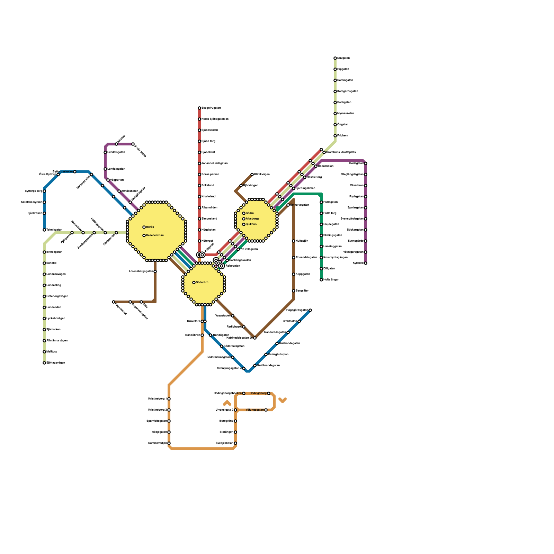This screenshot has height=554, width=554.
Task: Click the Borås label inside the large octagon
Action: click(x=150, y=227)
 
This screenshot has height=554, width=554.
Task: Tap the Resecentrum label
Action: click(x=155, y=235)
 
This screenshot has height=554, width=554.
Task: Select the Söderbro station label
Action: click(x=202, y=283)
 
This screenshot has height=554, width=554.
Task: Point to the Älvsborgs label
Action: click(x=252, y=219)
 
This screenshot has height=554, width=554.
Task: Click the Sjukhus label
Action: click(x=251, y=224)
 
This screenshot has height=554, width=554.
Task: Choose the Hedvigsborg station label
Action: click(x=258, y=393)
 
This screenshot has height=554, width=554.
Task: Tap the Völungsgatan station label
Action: click(x=254, y=410)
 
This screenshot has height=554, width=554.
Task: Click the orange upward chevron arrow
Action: click(x=227, y=403)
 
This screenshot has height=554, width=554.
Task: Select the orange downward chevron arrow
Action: click(x=283, y=400)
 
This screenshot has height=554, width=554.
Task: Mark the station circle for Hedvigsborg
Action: click(x=269, y=393)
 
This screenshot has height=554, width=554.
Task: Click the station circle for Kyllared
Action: click(x=366, y=263)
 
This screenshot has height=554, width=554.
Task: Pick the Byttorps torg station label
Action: click(x=34, y=191)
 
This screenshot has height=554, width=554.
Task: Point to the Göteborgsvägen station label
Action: click(x=57, y=296)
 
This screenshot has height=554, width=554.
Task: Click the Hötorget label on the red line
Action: click(x=207, y=241)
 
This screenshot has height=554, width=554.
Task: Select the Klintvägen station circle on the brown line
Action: click(x=252, y=175)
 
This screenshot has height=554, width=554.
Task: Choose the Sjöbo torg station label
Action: click(x=208, y=141)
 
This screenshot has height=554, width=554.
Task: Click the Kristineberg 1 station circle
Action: click(x=169, y=399)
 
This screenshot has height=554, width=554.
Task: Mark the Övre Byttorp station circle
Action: click(x=58, y=175)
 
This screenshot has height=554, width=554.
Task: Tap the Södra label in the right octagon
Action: click(x=250, y=213)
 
